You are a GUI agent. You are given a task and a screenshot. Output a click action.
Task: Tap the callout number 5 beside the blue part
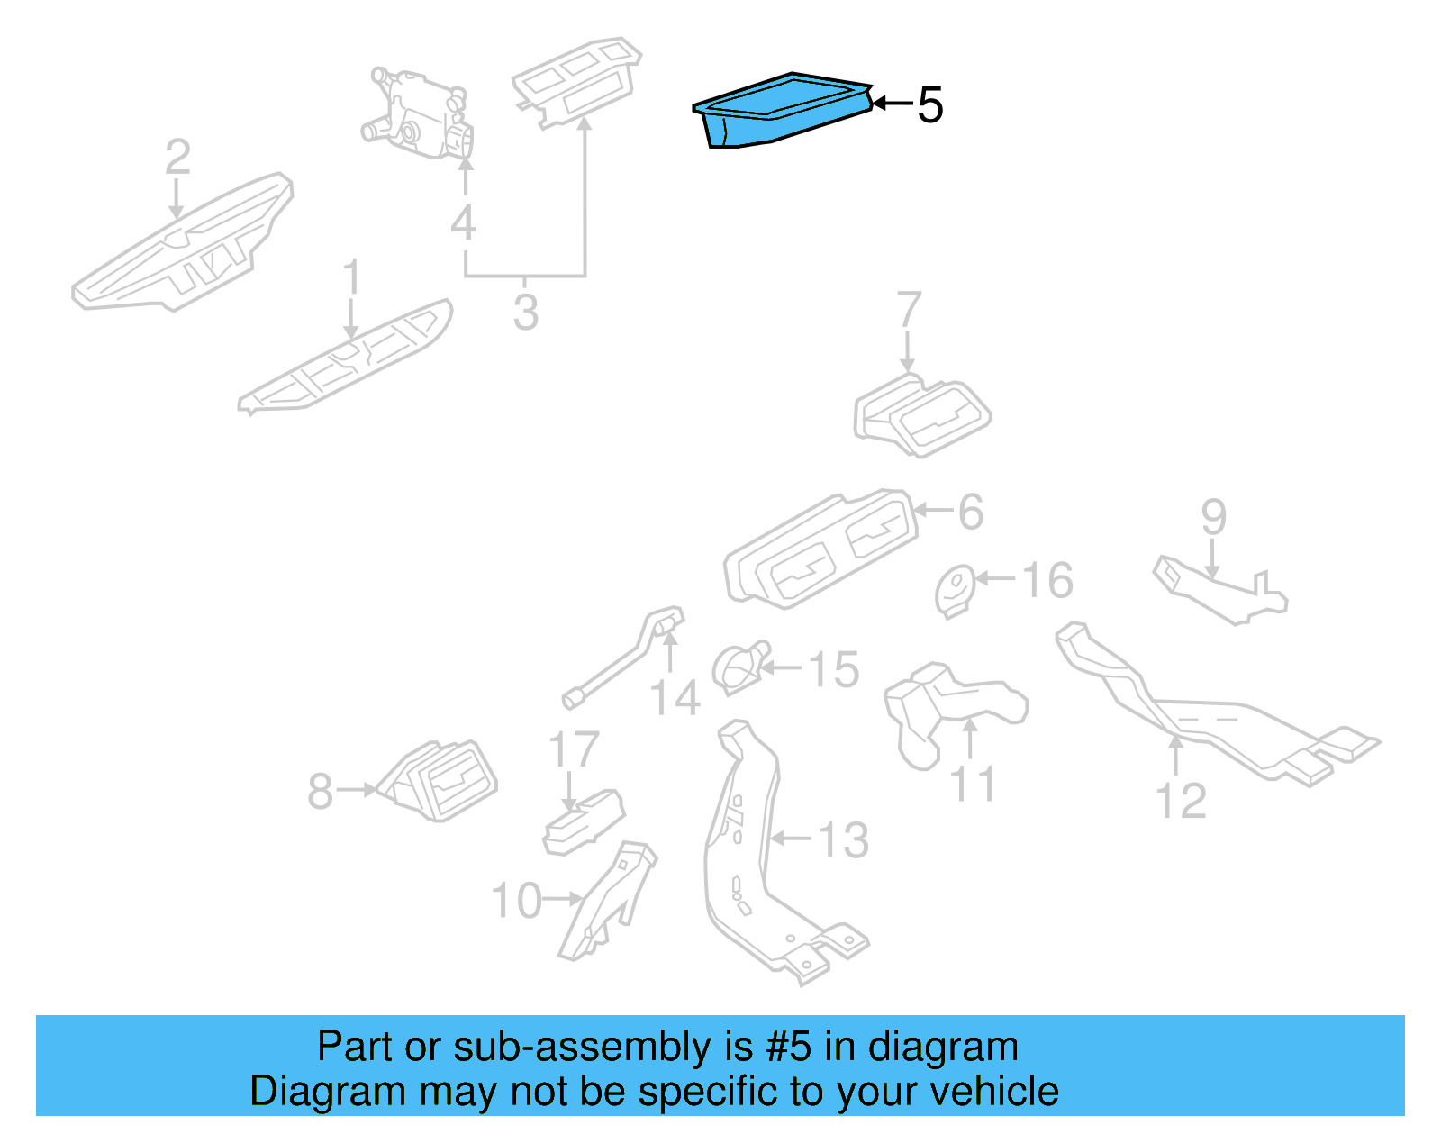tap(929, 105)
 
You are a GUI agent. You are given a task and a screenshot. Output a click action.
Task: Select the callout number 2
tap(177, 158)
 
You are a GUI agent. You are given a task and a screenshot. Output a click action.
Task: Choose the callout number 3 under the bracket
tap(526, 313)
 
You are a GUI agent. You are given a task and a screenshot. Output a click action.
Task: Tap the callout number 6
tap(970, 512)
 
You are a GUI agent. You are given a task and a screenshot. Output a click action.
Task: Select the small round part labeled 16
tap(956, 591)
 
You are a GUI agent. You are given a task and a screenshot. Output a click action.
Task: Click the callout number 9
tap(1213, 517)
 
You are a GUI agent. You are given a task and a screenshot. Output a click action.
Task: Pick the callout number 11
tap(973, 785)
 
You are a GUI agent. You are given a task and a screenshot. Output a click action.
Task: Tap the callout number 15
tap(833, 669)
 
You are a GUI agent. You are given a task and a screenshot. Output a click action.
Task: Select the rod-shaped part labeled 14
tap(621, 662)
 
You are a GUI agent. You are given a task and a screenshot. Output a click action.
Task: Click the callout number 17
tap(574, 749)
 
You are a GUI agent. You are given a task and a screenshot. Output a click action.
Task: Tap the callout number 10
tap(516, 900)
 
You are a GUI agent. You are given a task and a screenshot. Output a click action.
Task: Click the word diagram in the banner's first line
tap(943, 1047)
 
